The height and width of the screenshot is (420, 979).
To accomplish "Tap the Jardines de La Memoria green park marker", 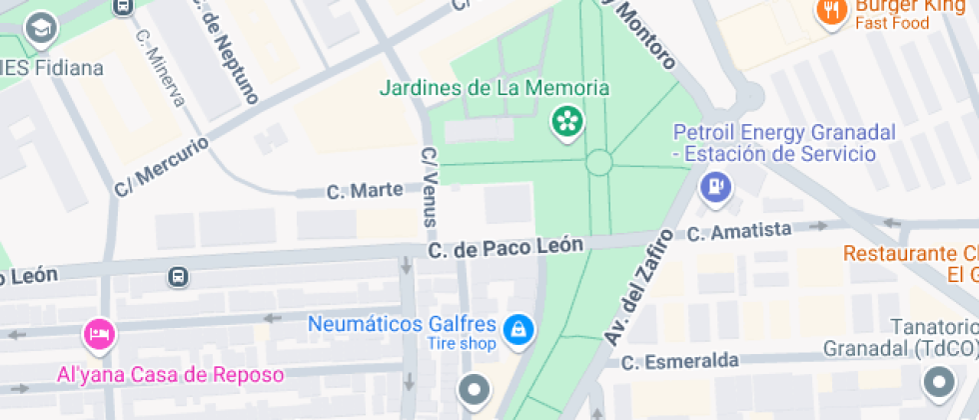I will pos(568,123).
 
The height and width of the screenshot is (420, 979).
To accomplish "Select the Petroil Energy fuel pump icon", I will pos(715,185).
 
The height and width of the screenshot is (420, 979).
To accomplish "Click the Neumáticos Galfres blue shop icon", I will pos(517,328).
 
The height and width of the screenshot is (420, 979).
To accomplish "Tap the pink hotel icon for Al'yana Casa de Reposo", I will pos(98,333).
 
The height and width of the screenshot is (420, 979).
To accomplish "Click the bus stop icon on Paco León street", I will pos(178,276).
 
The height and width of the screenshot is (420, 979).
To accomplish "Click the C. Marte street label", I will pos(365,190).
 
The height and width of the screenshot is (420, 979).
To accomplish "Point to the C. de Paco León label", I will pos(505,247).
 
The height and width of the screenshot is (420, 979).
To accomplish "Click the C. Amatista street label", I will pos(740,232).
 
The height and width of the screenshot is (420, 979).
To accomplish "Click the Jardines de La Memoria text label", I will pos(493,88).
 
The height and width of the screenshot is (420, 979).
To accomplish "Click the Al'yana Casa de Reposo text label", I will pos(170,375).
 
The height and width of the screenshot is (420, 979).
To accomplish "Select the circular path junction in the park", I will pos(599,162).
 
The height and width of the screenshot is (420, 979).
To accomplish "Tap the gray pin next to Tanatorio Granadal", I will pos(939,382).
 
